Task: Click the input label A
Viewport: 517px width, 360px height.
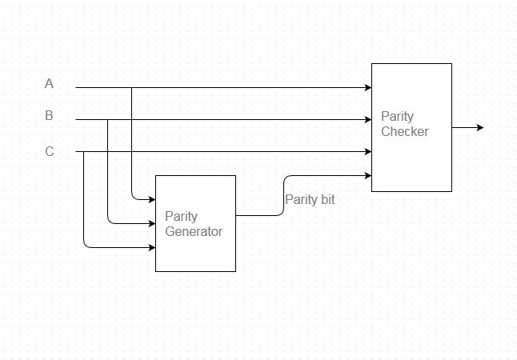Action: (49, 83)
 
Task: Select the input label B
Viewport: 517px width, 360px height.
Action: (49, 116)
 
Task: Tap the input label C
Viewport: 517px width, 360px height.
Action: (49, 151)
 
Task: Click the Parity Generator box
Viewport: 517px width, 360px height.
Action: (195, 223)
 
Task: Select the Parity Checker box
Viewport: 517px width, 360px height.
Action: (411, 126)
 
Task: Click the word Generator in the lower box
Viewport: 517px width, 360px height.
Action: (193, 231)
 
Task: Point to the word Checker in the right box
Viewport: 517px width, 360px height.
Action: (405, 131)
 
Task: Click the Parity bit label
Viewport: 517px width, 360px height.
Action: (310, 199)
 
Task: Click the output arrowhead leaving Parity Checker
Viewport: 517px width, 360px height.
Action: (479, 127)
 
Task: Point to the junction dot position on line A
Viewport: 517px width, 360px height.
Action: (131, 87)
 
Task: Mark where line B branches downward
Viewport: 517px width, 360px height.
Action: (107, 120)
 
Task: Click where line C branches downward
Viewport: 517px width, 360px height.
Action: (83, 151)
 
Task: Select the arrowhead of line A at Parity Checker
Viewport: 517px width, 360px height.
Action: (367, 87)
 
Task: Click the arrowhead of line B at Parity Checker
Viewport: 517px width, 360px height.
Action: (367, 120)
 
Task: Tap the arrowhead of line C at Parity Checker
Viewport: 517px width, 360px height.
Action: (367, 151)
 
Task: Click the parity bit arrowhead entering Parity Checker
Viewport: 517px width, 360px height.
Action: (367, 175)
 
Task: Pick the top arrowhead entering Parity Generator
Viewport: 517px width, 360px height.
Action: (151, 199)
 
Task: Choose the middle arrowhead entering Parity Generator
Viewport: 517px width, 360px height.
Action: (151, 223)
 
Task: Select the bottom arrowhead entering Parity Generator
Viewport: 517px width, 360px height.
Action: (151, 247)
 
